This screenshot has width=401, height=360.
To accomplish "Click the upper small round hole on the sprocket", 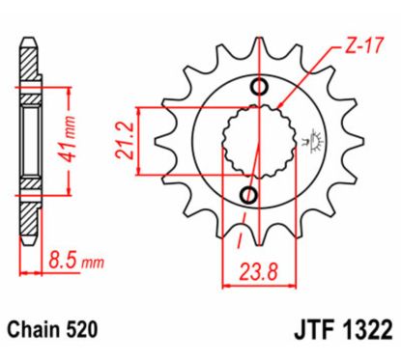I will (258, 90).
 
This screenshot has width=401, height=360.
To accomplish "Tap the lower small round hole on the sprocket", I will (249, 197).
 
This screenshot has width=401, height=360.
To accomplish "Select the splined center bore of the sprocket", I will (253, 143).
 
